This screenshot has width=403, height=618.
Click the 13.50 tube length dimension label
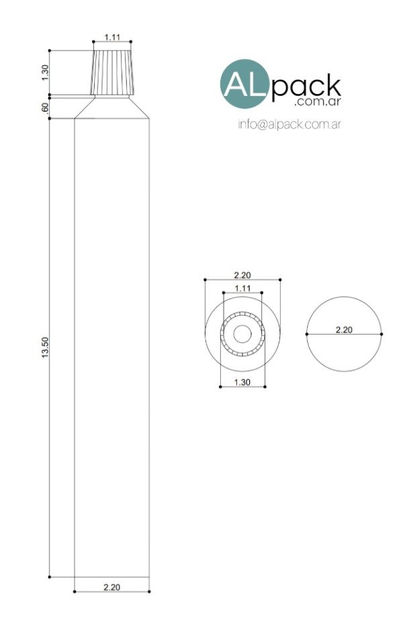pyautogui.click(x=44, y=348)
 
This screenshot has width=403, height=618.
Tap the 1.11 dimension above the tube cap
pyautogui.click(x=112, y=37)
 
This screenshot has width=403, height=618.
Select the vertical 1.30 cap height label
pyautogui.click(x=44, y=73)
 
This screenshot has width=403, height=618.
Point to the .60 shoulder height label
pyautogui.click(x=44, y=107)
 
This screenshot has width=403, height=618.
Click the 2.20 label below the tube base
pyautogui.click(x=112, y=587)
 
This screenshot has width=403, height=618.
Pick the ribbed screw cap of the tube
pyautogui.click(x=112, y=73)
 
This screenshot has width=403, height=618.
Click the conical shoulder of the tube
pyautogui.click(x=112, y=108)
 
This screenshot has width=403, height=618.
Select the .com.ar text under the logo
pyautogui.click(x=317, y=102)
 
